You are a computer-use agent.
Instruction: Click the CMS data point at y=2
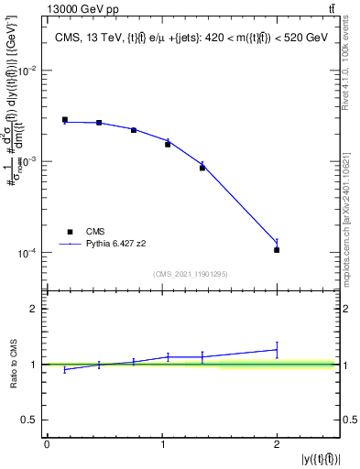pos(277,250)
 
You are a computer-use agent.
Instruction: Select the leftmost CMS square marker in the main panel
pos(65,119)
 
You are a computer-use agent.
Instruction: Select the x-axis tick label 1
pos(161,444)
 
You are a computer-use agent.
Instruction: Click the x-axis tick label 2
pos(277,444)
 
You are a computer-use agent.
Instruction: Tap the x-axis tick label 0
pos(47,444)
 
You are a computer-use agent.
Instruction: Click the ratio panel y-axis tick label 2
pos(34,309)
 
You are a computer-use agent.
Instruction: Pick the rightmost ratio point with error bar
pos(277,349)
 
